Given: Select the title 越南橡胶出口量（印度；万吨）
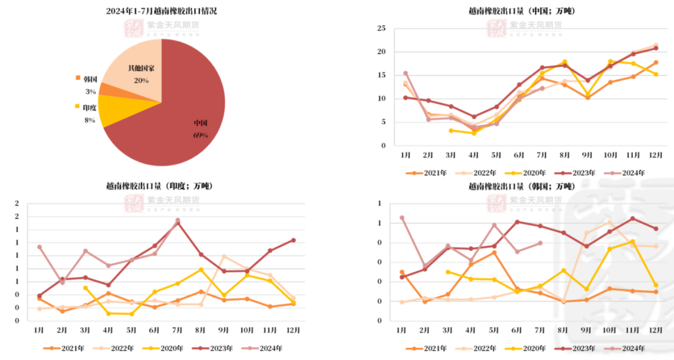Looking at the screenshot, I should (159, 186).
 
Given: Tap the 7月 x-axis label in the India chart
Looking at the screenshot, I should (177, 329).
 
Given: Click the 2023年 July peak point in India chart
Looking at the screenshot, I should (178, 223).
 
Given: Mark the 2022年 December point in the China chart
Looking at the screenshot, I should (655, 45).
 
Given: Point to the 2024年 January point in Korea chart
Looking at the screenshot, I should (402, 218).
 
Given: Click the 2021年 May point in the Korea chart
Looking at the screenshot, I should (494, 252).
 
